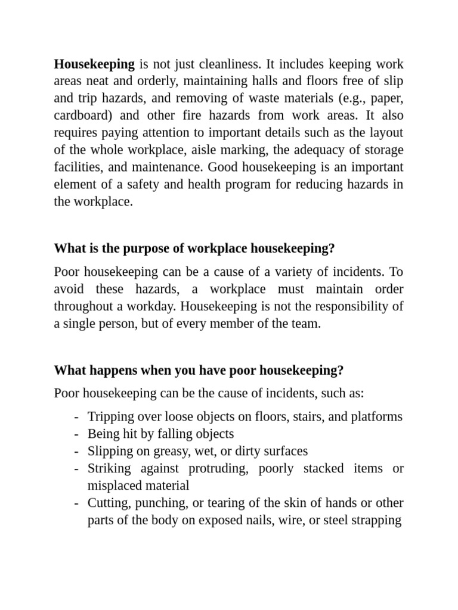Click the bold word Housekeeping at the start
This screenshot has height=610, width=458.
coord(94,64)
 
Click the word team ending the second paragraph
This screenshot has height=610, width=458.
coord(305,324)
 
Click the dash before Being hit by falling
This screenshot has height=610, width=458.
coord(77,434)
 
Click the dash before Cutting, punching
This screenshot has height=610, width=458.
coord(77,503)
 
